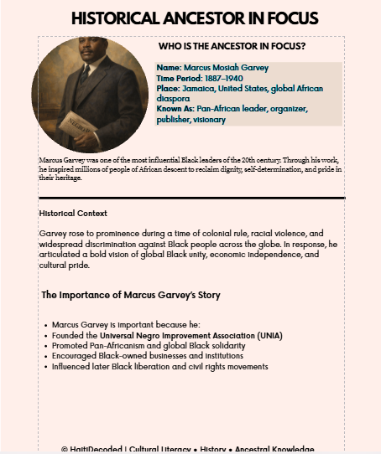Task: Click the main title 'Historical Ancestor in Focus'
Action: click(x=195, y=18)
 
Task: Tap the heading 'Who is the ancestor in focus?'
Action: click(x=232, y=47)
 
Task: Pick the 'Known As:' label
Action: click(x=175, y=109)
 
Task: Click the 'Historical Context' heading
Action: click(x=73, y=213)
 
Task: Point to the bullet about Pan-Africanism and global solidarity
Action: click(x=149, y=345)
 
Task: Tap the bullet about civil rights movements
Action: click(x=159, y=366)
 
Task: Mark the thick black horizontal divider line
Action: click(x=191, y=198)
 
